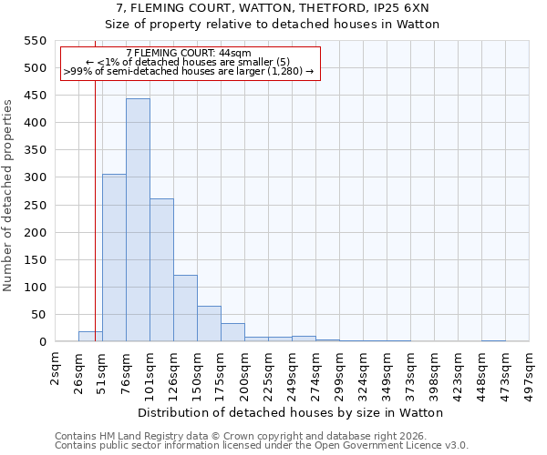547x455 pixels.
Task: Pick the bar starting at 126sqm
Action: [185, 308]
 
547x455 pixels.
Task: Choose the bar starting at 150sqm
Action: [209, 324]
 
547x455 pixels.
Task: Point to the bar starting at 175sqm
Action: [232, 332]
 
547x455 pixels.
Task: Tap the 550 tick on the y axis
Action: [34, 41]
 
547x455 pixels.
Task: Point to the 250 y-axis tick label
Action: [34, 205]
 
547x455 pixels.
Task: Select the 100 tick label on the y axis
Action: [34, 288]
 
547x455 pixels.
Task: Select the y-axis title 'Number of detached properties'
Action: [9, 196]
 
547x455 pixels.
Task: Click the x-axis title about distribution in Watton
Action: [292, 412]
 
